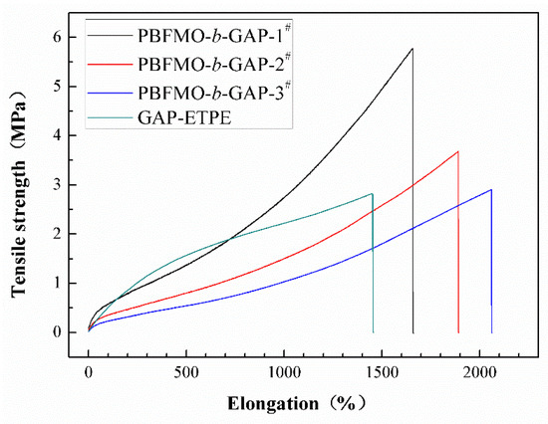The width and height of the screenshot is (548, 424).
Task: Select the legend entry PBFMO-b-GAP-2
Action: click(209, 64)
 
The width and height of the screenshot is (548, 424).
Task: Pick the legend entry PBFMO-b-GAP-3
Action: click(209, 91)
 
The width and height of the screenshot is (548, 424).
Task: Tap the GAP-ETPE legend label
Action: click(190, 116)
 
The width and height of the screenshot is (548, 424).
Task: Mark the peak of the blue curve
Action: click(490, 189)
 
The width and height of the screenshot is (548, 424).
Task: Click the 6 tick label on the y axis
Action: click(69, 37)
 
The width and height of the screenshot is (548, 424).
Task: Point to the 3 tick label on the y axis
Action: click(69, 184)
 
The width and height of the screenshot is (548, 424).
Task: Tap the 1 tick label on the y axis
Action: click(69, 283)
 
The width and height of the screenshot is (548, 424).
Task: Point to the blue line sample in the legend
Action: click(116, 91)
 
